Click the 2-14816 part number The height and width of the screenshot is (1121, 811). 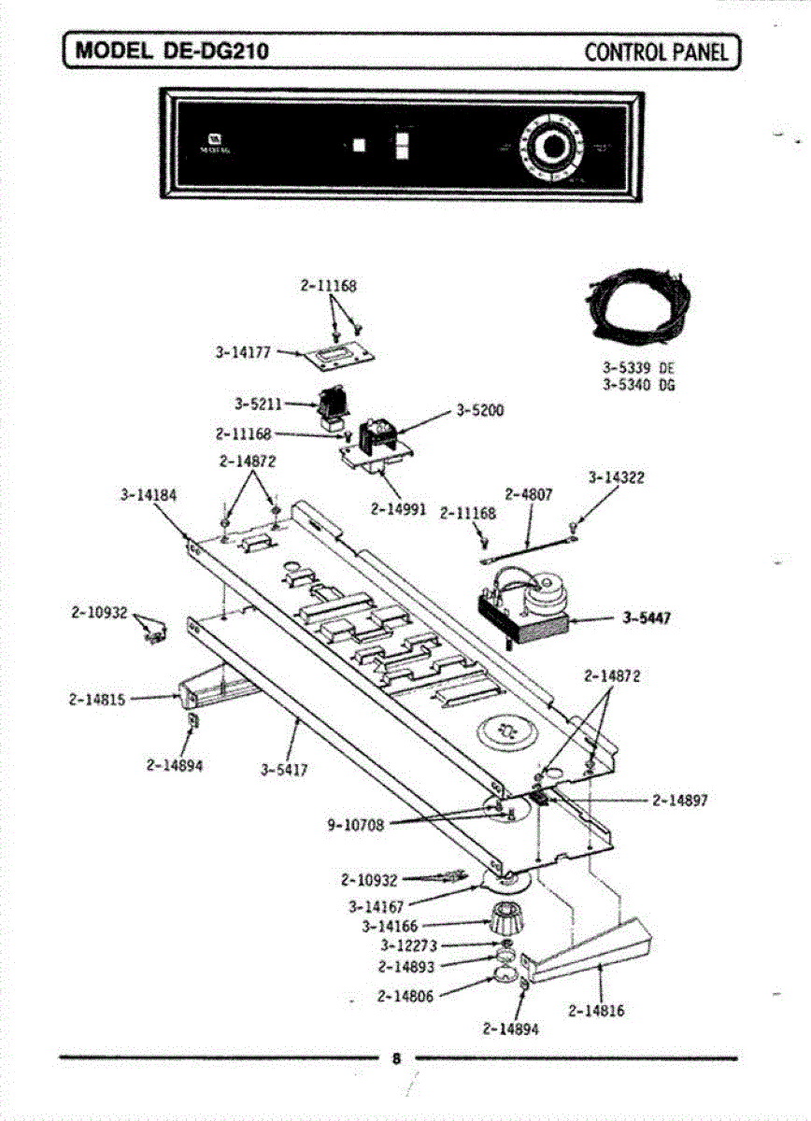(596, 1011)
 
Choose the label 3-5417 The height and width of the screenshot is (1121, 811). (286, 770)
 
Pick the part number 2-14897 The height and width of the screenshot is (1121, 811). (680, 800)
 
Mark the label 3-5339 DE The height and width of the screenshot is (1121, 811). (639, 368)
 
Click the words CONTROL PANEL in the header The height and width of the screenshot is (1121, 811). (656, 51)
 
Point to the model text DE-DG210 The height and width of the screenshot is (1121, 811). (216, 50)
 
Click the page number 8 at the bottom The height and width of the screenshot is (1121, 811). (396, 1058)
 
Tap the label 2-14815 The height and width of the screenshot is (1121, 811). (97, 698)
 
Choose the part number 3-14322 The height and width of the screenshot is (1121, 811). (617, 477)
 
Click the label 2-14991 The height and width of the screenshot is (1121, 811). (398, 509)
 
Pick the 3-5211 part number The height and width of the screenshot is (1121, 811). (258, 404)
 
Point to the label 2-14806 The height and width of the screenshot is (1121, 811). (405, 996)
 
